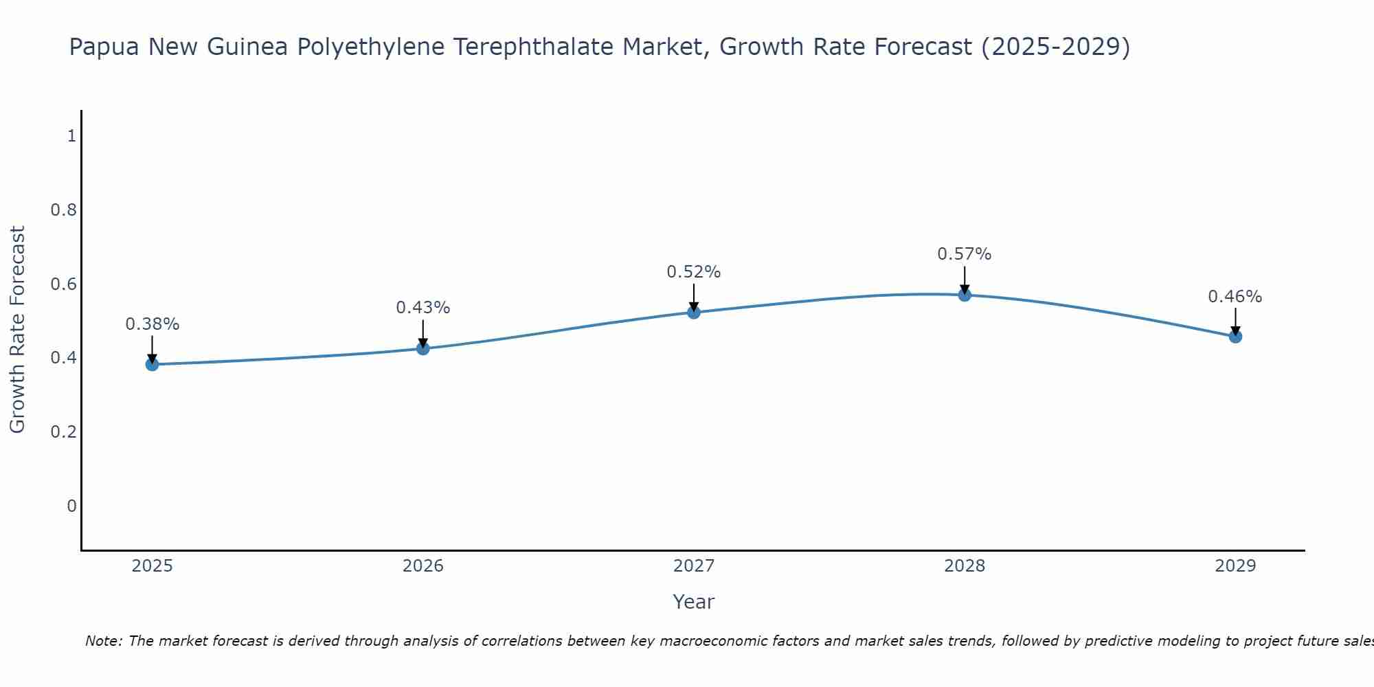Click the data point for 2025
point(152,364)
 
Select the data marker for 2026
point(423,348)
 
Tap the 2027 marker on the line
point(694,313)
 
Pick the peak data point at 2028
point(965,295)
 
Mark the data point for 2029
point(1235,337)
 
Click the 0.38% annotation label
point(152,324)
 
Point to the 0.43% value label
point(423,308)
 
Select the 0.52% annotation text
point(694,272)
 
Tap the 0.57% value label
point(965,254)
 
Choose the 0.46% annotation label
point(1235,297)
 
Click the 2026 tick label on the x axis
point(423,566)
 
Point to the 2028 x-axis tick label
point(965,566)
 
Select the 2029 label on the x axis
point(1235,566)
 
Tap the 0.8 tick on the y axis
point(64,210)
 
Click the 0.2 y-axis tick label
point(64,431)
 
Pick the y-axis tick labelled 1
point(71,136)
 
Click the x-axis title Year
point(694,602)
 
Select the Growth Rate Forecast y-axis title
point(17,330)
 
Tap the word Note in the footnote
point(103,641)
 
